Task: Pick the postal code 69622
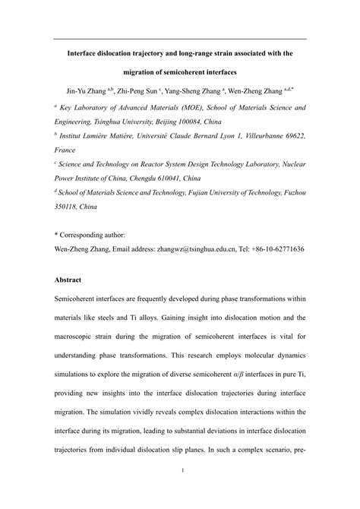coord(291,134)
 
